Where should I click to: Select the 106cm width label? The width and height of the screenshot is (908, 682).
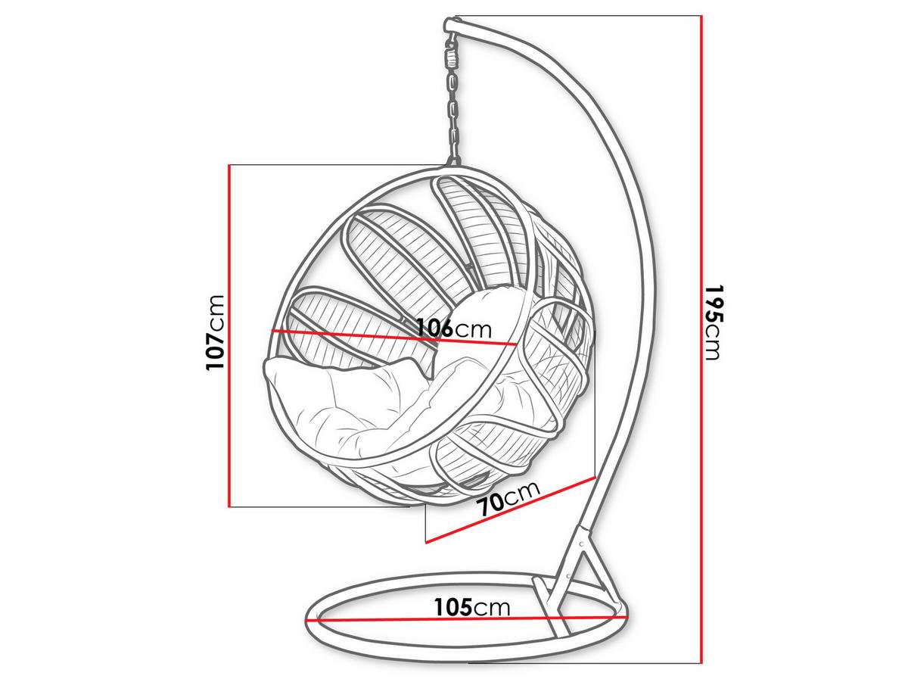[x=454, y=329]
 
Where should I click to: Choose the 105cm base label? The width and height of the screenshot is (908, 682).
[x=472, y=607]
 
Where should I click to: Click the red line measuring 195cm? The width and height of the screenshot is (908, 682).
[x=702, y=341]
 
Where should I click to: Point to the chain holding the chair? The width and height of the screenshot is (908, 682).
[x=453, y=114]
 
